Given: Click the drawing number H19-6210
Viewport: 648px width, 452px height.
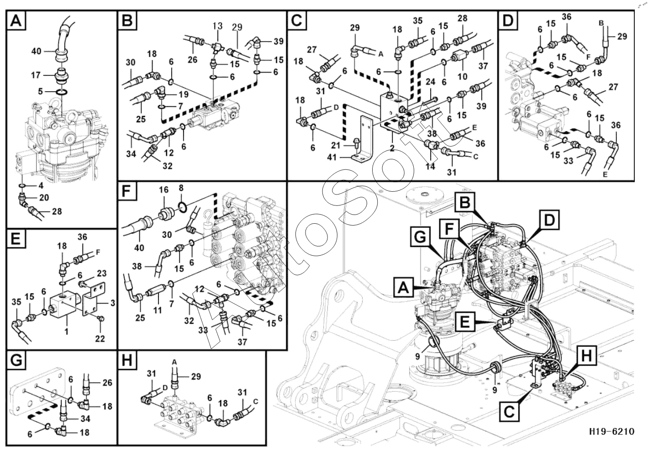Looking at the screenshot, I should pyautogui.click(x=611, y=431).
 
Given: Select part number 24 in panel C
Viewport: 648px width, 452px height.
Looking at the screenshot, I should pyautogui.click(x=430, y=83).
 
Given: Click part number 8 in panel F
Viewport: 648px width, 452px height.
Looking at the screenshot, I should pyautogui.click(x=181, y=188).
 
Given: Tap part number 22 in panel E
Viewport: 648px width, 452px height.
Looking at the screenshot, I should pyautogui.click(x=100, y=338).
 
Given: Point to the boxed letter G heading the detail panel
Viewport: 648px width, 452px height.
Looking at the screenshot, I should pyautogui.click(x=16, y=361).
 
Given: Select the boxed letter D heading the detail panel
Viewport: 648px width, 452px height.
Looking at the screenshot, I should pyautogui.click(x=508, y=21).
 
